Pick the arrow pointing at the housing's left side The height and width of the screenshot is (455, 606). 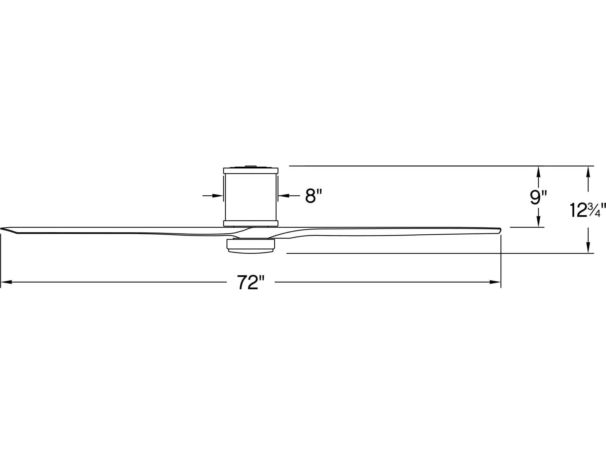[x=218, y=196]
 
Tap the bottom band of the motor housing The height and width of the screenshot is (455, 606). [x=251, y=223]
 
